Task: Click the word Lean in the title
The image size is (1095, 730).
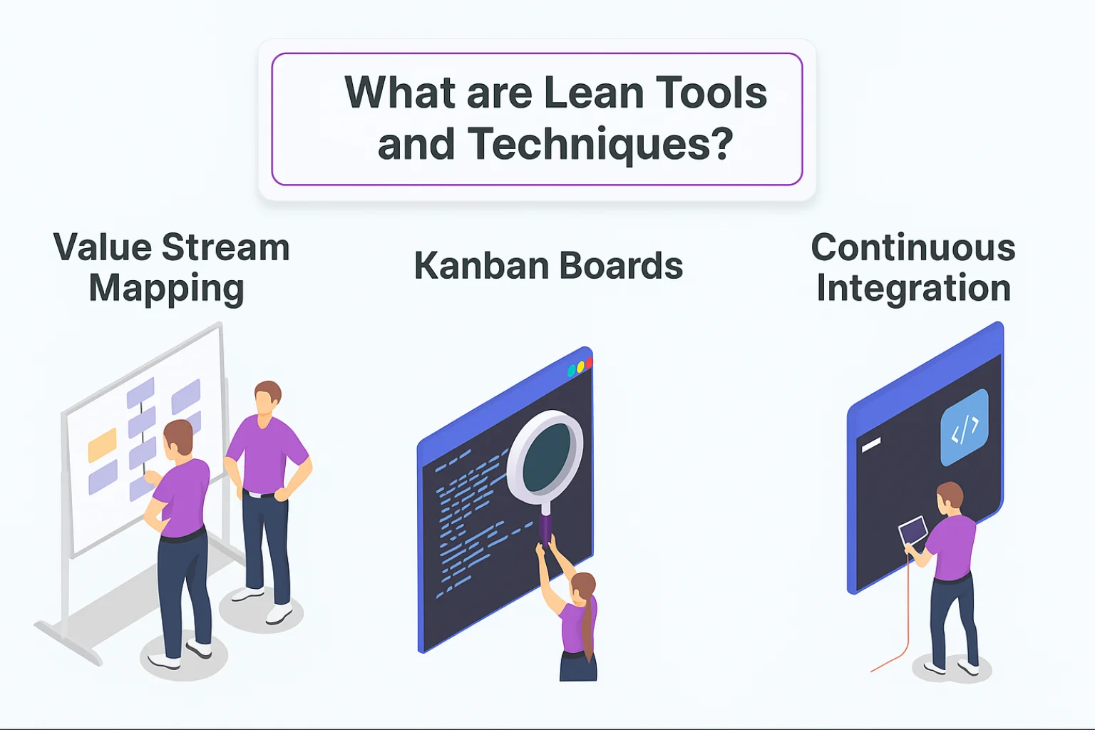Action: pyautogui.click(x=593, y=93)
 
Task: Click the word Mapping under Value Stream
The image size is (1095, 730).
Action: pyautogui.click(x=166, y=290)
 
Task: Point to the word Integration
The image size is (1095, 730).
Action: pyautogui.click(x=913, y=289)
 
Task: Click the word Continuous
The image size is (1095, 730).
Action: pyautogui.click(x=913, y=247)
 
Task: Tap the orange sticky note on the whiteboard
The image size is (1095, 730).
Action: pyautogui.click(x=102, y=445)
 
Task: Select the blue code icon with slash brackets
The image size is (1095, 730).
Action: pyautogui.click(x=964, y=428)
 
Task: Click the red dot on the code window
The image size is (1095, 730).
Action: pyautogui.click(x=589, y=363)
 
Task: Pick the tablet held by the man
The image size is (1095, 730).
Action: pyautogui.click(x=912, y=530)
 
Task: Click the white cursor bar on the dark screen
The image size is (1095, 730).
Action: pyautogui.click(x=870, y=445)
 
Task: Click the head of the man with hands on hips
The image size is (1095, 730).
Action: pyautogui.click(x=267, y=398)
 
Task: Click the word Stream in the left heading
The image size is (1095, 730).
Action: pyautogui.click(x=225, y=247)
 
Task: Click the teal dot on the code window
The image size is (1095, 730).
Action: pyautogui.click(x=571, y=371)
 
